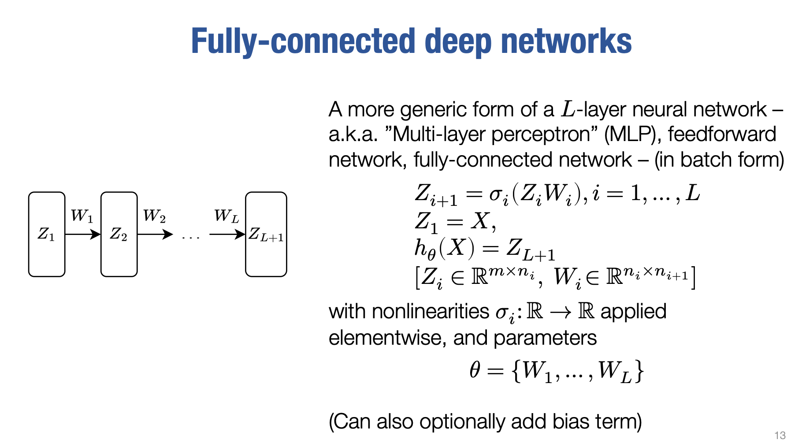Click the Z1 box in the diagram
click(x=47, y=234)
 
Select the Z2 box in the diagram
click(x=119, y=234)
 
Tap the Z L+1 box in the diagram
click(x=266, y=234)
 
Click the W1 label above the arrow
click(x=82, y=216)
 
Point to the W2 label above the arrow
click(x=154, y=216)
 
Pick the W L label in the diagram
click(x=226, y=216)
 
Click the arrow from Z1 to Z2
click(x=83, y=235)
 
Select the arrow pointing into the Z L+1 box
click(x=227, y=235)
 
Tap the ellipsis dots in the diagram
click(x=191, y=237)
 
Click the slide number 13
click(x=780, y=436)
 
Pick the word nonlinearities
click(x=430, y=312)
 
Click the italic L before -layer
click(x=568, y=109)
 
